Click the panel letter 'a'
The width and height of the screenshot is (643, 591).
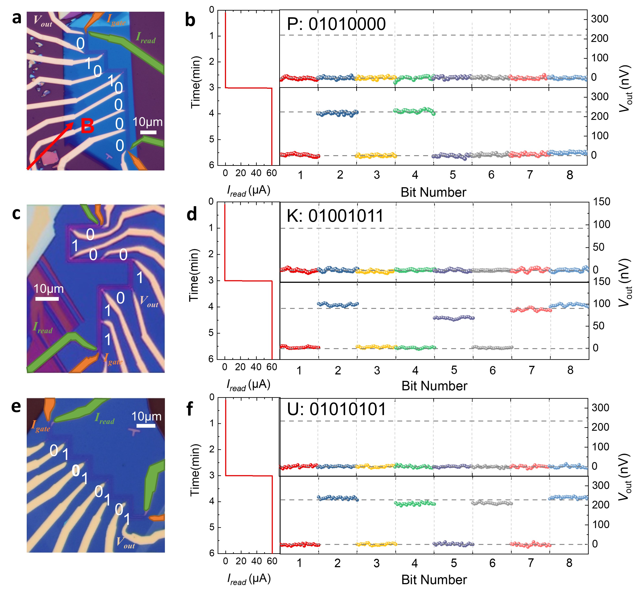click(x=17, y=19)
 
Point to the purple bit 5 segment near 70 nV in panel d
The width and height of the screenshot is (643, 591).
click(x=453, y=318)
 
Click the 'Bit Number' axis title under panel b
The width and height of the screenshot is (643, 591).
click(x=433, y=192)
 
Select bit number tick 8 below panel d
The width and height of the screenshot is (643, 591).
click(x=570, y=370)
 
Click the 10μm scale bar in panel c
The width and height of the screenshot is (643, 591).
click(x=47, y=299)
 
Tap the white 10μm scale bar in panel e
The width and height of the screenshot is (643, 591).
click(x=146, y=426)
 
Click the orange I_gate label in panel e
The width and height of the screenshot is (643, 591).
click(x=41, y=426)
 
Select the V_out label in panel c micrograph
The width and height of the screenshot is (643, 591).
click(x=149, y=301)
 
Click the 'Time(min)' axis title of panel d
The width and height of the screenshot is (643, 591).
click(x=194, y=275)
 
